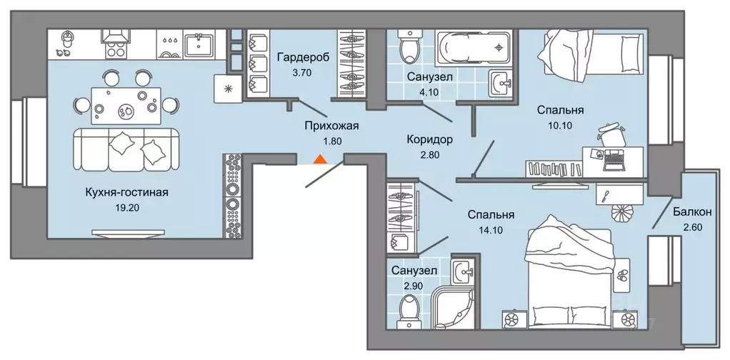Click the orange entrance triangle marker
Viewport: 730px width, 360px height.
coord(321,159)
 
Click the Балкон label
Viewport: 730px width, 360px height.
coord(691,212)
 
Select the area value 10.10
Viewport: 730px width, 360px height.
coord(561,125)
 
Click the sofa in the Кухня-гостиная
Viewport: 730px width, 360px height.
coord(126,151)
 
